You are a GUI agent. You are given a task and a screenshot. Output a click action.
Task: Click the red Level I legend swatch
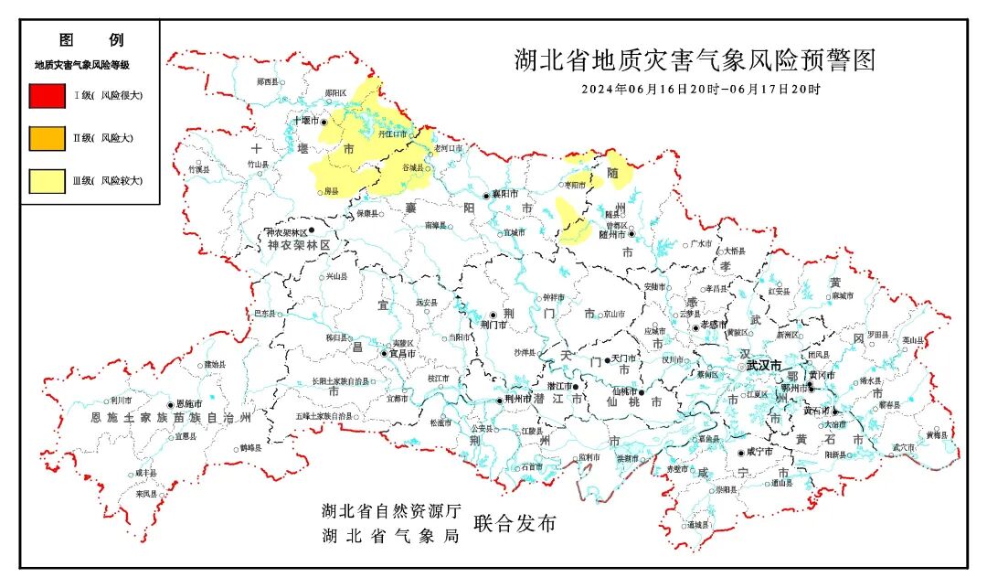click(47, 95)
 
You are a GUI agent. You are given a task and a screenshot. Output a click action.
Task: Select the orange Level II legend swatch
click(47, 138)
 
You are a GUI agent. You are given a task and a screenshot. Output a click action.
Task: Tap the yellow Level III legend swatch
click(47, 181)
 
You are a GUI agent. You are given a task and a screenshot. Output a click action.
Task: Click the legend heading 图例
click(90, 40)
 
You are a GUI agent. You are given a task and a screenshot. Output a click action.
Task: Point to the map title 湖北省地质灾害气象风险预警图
click(695, 61)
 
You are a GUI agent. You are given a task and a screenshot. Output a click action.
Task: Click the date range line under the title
click(701, 90)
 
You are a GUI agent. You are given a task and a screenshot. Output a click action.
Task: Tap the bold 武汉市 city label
click(764, 365)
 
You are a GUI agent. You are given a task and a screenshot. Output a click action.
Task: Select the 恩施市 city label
click(189, 404)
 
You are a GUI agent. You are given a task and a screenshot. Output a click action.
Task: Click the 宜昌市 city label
click(403, 353)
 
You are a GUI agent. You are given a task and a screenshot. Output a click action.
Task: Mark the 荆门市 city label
click(493, 324)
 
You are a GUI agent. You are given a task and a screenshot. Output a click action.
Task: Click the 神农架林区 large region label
click(298, 247)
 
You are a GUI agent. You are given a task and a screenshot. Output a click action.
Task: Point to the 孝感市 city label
click(712, 326)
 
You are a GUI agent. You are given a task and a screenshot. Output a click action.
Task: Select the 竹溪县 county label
click(198, 169)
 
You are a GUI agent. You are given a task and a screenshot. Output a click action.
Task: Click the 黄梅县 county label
click(936, 434)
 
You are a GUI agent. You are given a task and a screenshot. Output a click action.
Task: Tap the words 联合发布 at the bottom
click(514, 524)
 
